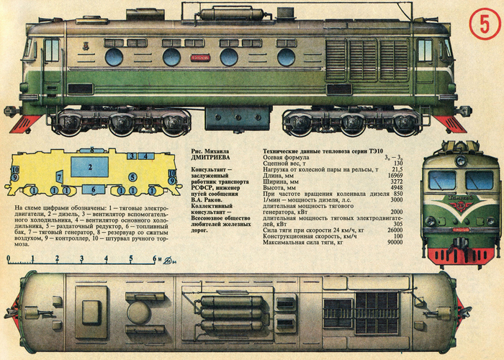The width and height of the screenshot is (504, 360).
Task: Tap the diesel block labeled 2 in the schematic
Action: [91, 168]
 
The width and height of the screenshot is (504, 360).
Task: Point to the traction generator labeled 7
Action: [59, 176]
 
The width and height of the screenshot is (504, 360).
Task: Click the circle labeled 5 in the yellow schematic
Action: [133, 176]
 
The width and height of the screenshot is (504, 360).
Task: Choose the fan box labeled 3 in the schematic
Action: [132, 156]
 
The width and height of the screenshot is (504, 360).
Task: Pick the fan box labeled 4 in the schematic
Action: [145, 156]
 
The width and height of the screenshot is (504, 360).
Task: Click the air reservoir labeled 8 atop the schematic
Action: [92, 148]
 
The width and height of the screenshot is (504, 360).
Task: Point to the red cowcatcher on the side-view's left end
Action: [23, 124]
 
